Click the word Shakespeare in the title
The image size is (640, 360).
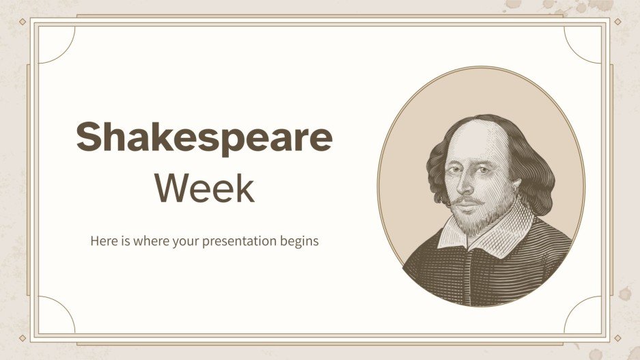204,139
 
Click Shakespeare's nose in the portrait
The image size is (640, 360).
464,186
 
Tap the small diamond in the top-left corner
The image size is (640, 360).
22,22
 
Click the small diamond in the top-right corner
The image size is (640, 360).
617,22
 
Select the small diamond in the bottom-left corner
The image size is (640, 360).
22,337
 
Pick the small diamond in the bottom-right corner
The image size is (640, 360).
617,337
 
